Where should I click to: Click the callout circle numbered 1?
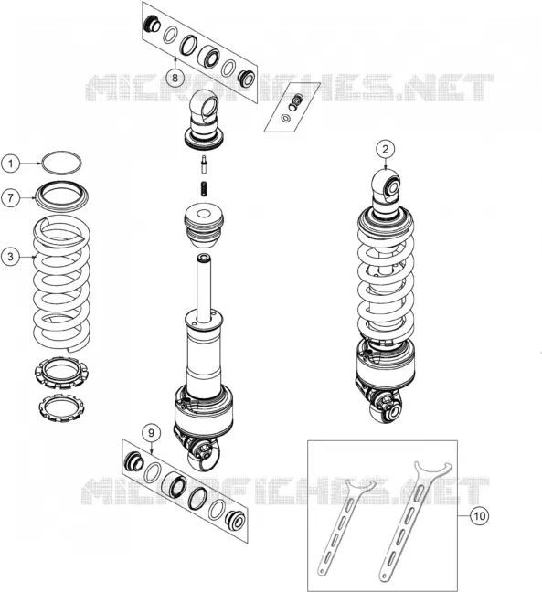coord(10,164)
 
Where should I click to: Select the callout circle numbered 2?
coord(386,149)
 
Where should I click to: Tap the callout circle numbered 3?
coord(10,257)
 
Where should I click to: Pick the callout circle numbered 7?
coord(10,197)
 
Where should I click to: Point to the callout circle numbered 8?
coord(175,78)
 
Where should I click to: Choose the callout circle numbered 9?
coord(151,433)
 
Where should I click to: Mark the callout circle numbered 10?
coord(479,516)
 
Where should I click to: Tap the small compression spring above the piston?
coord(203,188)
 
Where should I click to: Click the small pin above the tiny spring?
coord(204,164)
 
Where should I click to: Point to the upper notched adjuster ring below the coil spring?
coord(61,372)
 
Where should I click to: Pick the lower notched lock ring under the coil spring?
coord(60,408)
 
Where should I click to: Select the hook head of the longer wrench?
coord(433,470)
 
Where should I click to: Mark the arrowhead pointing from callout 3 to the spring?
coord(35,257)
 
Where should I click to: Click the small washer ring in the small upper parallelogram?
coord(286,118)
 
